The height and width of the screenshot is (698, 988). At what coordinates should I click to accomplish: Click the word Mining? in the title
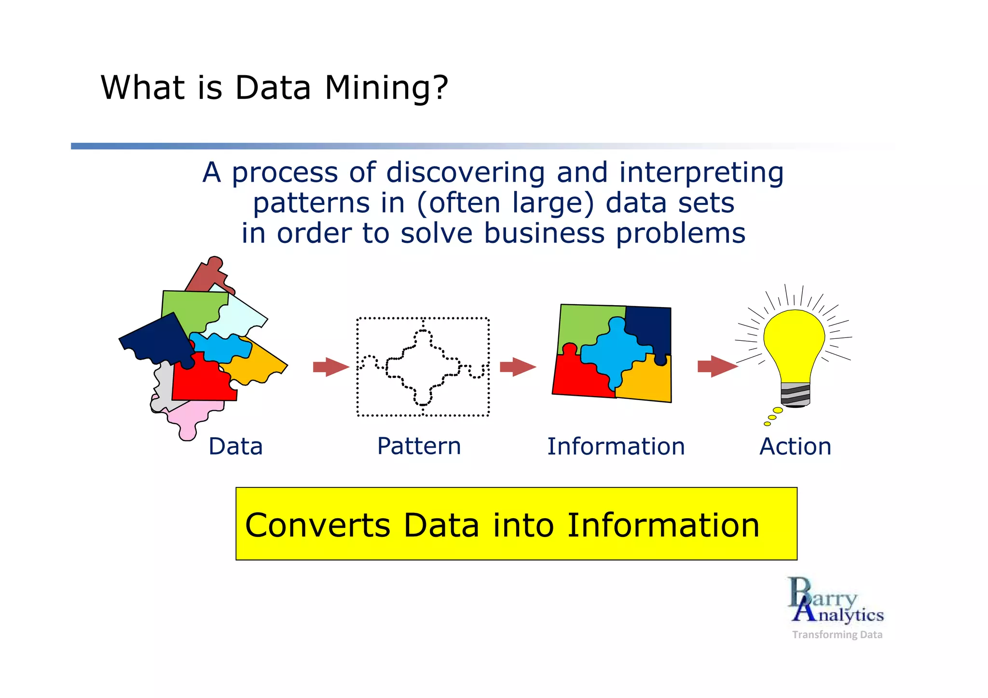pyautogui.click(x=386, y=88)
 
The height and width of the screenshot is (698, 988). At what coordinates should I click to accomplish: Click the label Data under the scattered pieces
pyautogui.click(x=235, y=446)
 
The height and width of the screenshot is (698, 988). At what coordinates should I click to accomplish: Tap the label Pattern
pyautogui.click(x=419, y=446)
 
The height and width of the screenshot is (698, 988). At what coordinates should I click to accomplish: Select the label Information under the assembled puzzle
pyautogui.click(x=616, y=446)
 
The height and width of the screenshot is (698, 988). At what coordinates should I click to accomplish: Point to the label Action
pyautogui.click(x=795, y=446)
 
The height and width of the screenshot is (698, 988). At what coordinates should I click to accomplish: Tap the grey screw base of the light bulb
pyautogui.click(x=795, y=394)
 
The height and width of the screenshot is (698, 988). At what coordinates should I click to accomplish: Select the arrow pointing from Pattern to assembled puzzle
pyautogui.click(x=517, y=367)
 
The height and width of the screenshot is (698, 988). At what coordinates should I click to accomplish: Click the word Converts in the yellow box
pyautogui.click(x=317, y=525)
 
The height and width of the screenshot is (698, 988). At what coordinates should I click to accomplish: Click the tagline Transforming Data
pyautogui.click(x=837, y=634)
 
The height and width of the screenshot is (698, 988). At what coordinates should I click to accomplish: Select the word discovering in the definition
pyautogui.click(x=465, y=173)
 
